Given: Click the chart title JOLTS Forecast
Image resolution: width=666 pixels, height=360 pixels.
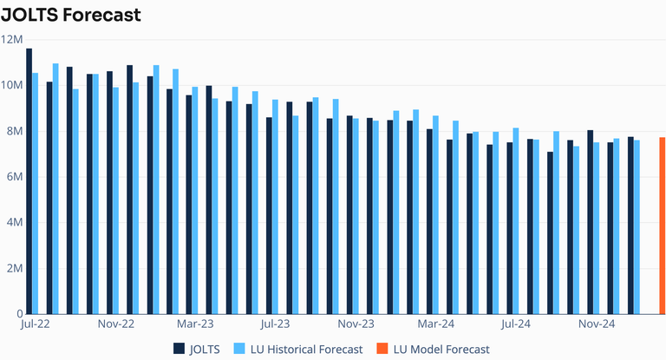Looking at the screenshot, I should [x=71, y=15].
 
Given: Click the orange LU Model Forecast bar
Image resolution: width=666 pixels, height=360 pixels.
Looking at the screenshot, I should [x=663, y=225].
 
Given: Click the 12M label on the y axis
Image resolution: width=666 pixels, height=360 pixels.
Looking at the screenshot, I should [x=12, y=39].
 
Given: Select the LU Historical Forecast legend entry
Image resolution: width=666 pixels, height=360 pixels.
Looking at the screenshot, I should [x=297, y=349].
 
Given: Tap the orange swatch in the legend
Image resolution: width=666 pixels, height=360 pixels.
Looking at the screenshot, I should [x=382, y=349].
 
